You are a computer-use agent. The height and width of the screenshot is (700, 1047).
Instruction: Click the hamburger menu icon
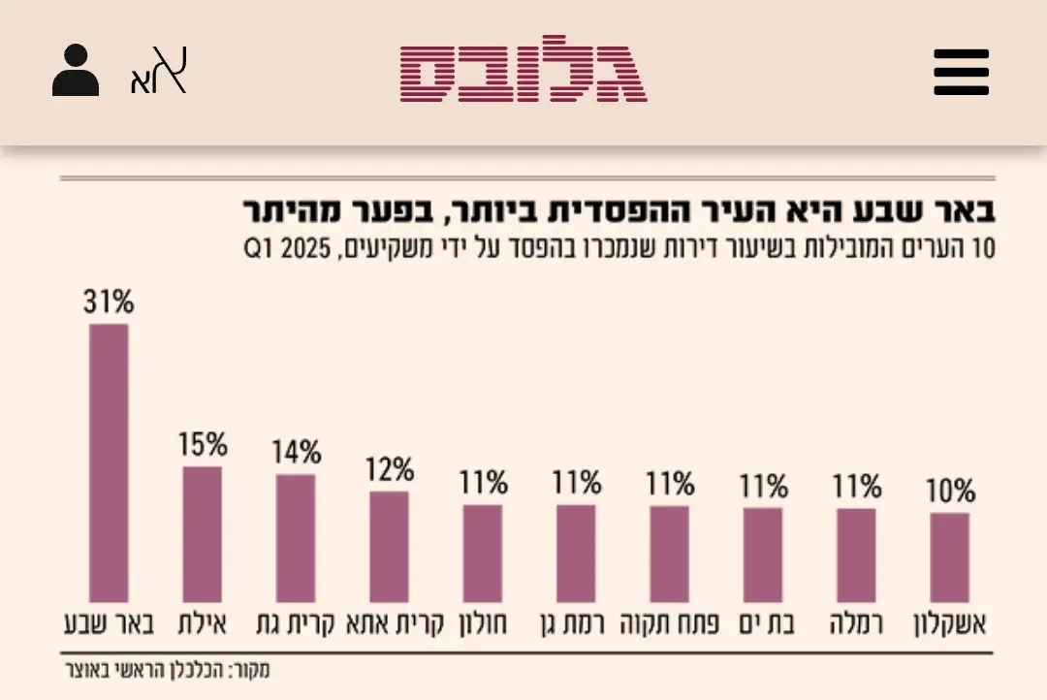click(x=961, y=72)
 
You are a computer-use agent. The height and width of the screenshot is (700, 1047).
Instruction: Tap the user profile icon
click(x=76, y=72)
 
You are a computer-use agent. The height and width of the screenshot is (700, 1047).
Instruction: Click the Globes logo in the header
click(x=523, y=70)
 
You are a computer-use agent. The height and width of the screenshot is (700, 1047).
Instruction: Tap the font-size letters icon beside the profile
click(x=158, y=72)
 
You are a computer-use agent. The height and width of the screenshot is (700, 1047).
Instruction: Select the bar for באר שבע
click(x=109, y=462)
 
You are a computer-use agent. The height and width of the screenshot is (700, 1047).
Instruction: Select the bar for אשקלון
click(x=949, y=557)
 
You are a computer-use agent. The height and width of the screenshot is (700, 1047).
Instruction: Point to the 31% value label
click(x=109, y=302)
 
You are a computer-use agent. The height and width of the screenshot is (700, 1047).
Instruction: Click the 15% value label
click(x=203, y=445)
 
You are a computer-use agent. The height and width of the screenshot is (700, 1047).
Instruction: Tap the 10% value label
click(x=950, y=492)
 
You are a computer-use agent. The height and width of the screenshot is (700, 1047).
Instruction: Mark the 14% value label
click(x=296, y=453)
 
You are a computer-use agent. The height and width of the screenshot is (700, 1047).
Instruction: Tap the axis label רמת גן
click(x=576, y=623)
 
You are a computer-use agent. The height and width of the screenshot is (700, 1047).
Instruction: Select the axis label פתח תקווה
click(x=670, y=623)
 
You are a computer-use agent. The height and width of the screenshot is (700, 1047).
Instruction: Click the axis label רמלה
click(x=857, y=623)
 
